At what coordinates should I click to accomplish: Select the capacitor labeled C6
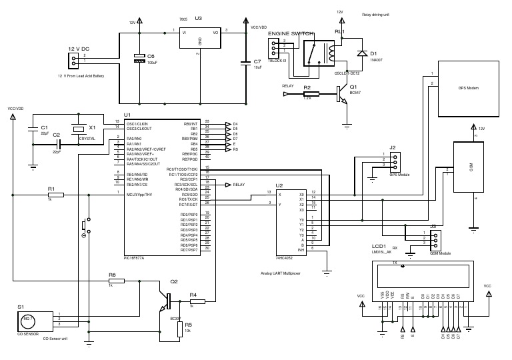[x=139, y=59]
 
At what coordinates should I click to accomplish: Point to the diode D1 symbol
[x=361, y=53]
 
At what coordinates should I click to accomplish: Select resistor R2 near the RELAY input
[x=307, y=93]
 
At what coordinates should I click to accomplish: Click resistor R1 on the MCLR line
[x=55, y=195]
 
